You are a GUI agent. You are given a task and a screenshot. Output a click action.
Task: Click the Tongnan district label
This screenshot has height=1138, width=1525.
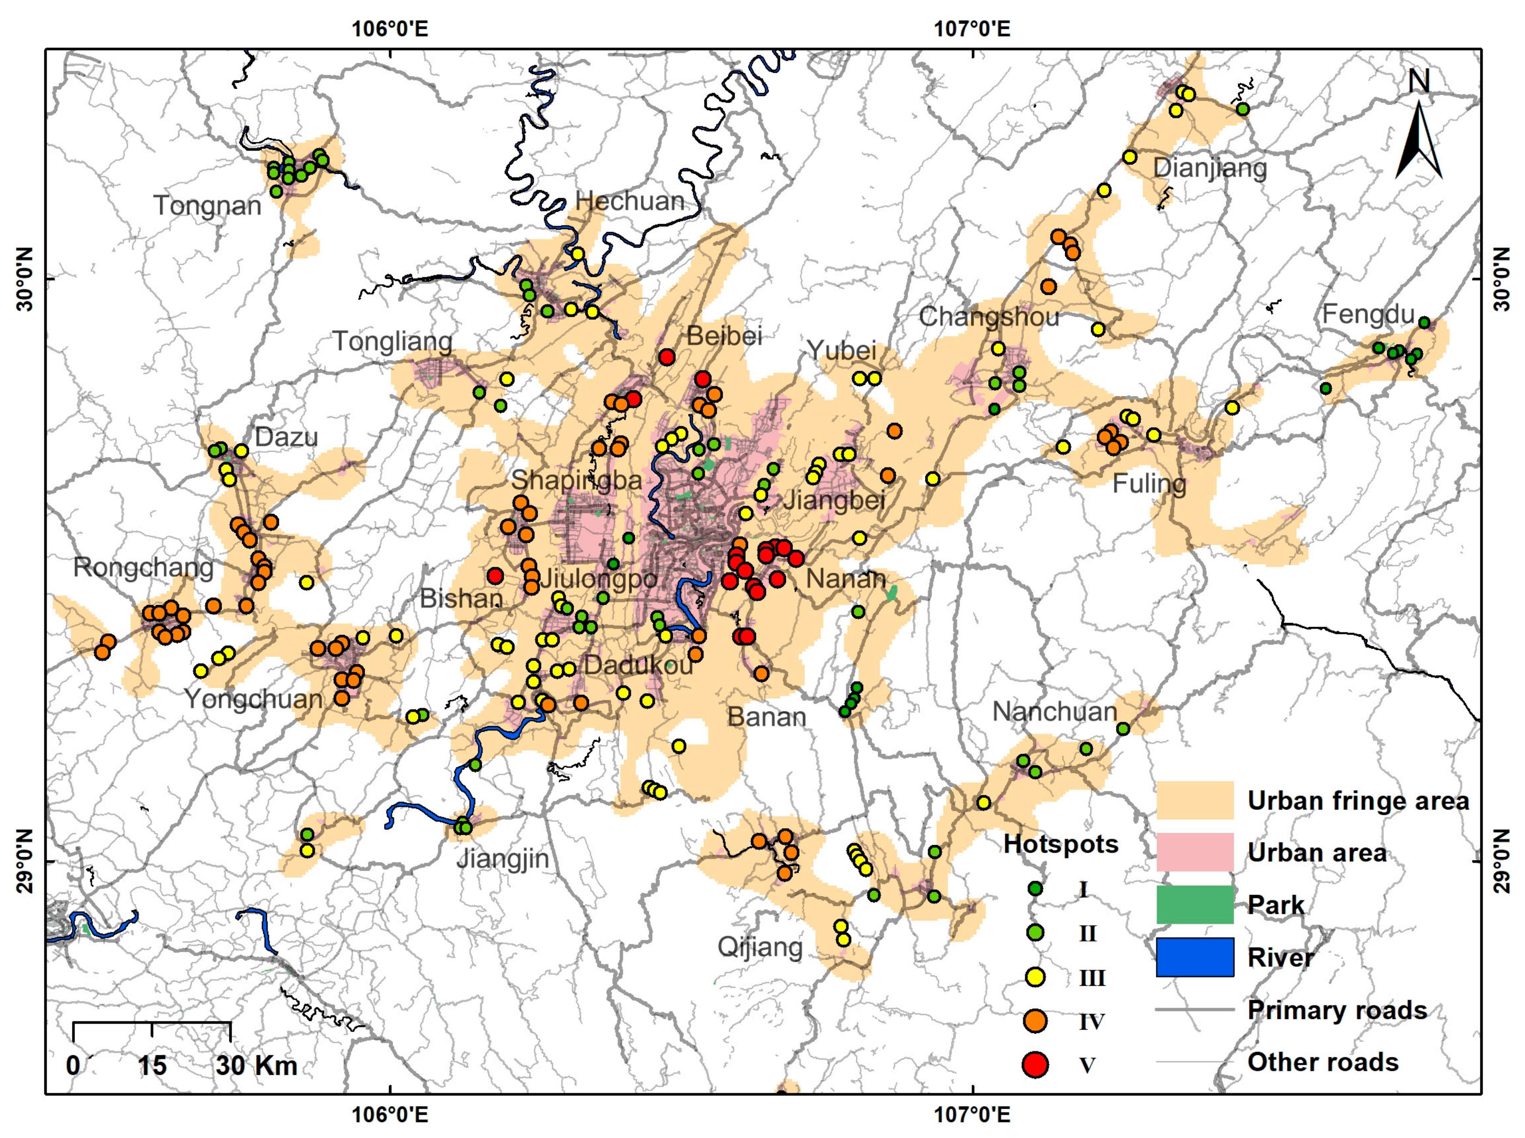click(207, 205)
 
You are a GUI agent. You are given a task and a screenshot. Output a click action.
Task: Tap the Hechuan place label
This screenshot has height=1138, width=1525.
click(630, 201)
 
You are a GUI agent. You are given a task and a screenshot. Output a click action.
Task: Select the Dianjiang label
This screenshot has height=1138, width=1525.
click(1210, 168)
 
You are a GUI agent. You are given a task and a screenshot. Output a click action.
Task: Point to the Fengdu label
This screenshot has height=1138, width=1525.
click(1368, 314)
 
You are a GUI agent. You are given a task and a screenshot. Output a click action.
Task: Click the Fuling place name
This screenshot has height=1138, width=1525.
click(1149, 484)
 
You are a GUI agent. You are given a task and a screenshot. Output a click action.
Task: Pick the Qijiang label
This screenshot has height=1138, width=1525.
click(760, 947)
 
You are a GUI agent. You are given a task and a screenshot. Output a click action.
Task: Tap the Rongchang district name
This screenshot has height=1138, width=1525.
click(143, 568)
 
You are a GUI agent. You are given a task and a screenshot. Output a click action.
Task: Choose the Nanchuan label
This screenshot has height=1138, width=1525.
click(1054, 712)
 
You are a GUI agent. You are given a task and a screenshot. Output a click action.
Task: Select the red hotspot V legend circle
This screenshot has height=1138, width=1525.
click(1035, 1064)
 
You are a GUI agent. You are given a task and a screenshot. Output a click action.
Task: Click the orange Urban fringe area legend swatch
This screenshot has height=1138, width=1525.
click(1195, 800)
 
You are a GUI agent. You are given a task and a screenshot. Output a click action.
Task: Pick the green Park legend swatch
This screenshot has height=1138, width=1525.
click(1195, 904)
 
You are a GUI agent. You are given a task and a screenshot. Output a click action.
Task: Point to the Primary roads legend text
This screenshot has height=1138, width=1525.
click(1337, 1010)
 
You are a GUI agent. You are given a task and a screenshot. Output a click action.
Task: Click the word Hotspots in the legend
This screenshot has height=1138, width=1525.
click(1061, 844)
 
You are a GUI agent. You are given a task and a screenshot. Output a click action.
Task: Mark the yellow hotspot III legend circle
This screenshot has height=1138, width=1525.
click(1035, 977)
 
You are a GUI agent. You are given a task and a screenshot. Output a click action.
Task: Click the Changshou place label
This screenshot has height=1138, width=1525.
click(989, 317)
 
